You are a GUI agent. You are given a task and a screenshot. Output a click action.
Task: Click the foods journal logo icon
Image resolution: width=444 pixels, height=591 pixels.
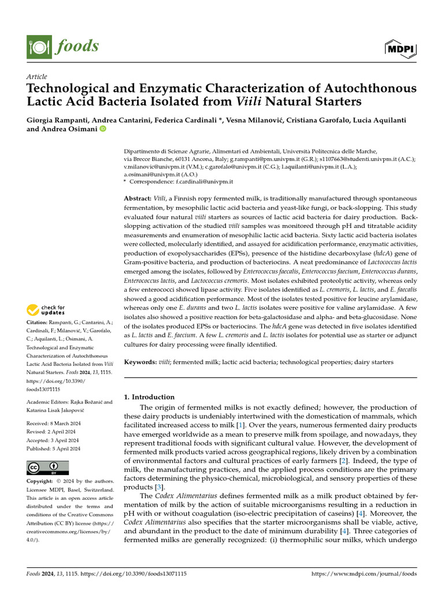pyautogui.click(x=37, y=46)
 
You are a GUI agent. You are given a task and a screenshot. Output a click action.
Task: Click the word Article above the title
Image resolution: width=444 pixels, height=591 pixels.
pyautogui.click(x=37, y=77)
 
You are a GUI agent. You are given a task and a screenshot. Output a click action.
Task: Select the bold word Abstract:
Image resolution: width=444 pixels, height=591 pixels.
pyautogui.click(x=138, y=198)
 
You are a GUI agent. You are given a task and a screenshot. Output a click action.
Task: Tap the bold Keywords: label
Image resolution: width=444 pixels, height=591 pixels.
pyautogui.click(x=140, y=362)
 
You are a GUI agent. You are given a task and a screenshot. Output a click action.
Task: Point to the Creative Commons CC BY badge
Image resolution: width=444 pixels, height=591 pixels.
pyautogui.click(x=47, y=468)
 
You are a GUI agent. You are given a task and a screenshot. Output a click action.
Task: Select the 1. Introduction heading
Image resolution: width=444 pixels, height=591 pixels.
pyautogui.click(x=150, y=397)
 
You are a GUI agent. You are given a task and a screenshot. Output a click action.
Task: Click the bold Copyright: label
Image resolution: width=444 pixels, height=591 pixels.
pyautogui.click(x=42, y=481)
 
